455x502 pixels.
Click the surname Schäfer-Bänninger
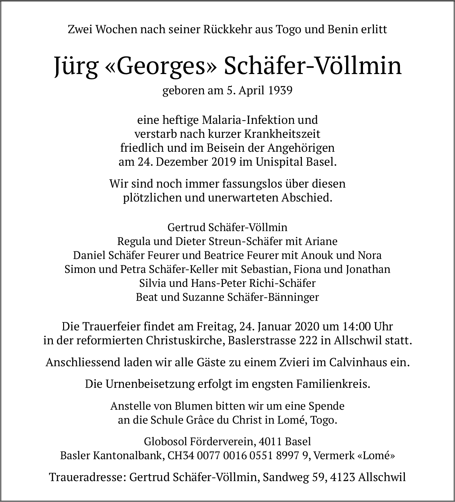273,297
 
